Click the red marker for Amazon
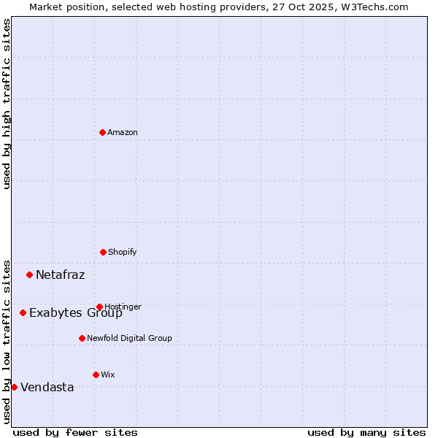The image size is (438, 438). (103, 132)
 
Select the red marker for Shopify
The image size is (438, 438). (103, 252)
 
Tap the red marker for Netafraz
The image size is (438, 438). (30, 274)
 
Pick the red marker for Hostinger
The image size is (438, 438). (99, 307)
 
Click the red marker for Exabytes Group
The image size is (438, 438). (23, 312)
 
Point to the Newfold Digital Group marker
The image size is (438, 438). (82, 338)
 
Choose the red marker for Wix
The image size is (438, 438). (96, 374)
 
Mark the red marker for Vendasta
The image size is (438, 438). (15, 387)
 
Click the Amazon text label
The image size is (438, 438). (123, 132)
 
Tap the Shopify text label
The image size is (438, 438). (123, 252)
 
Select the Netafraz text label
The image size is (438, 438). (60, 274)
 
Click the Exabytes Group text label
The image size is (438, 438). (76, 313)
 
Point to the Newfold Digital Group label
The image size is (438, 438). (129, 338)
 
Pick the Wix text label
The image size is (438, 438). (108, 374)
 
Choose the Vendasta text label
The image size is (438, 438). (47, 387)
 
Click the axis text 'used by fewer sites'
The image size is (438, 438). (75, 432)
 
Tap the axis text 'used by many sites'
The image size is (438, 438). (366, 432)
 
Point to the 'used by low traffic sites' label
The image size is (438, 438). (7, 341)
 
